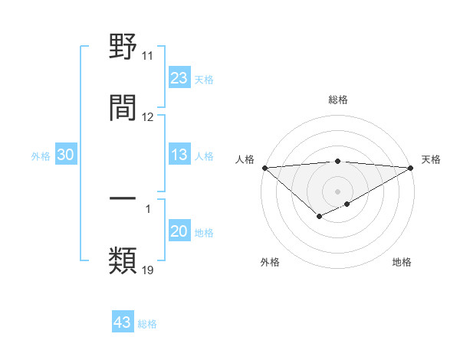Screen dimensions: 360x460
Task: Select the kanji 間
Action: pyautogui.click(x=123, y=107)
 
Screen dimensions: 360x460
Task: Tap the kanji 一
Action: pyautogui.click(x=123, y=198)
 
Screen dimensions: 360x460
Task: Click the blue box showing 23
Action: pyautogui.click(x=179, y=77)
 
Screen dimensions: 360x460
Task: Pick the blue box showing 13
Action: pyautogui.click(x=179, y=155)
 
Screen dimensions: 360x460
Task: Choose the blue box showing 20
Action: pyautogui.click(x=179, y=231)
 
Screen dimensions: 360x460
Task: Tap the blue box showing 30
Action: pyautogui.click(x=66, y=155)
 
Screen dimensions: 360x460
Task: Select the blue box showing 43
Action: pyautogui.click(x=123, y=322)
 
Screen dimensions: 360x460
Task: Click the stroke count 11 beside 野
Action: pyautogui.click(x=148, y=56)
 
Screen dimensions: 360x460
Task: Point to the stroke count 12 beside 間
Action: pyautogui.click(x=148, y=117)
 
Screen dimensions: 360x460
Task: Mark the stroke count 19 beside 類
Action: pyautogui.click(x=148, y=270)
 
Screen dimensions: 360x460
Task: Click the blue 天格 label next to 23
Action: pyautogui.click(x=204, y=79)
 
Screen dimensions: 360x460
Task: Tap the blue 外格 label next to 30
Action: pyautogui.click(x=41, y=155)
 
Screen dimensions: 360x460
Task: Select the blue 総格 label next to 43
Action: pyautogui.click(x=148, y=324)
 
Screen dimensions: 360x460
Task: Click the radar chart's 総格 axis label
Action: pyautogui.click(x=338, y=100)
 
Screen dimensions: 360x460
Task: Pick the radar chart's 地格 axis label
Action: pyautogui.click(x=402, y=262)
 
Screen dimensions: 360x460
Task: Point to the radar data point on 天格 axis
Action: pyautogui.click(x=411, y=168)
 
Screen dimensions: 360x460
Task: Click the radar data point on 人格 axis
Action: pyautogui.click(x=264, y=168)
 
